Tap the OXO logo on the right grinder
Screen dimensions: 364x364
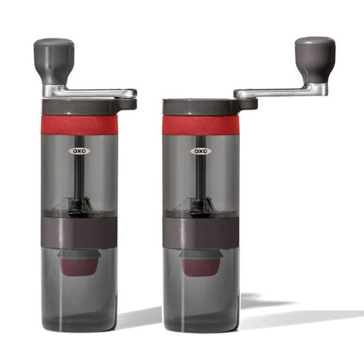pos(199,150)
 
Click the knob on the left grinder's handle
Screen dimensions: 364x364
pos(53,57)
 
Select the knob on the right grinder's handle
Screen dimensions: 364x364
pos(313,54)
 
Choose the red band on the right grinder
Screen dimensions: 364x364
pos(200,125)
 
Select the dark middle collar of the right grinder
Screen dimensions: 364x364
pos(200,234)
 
